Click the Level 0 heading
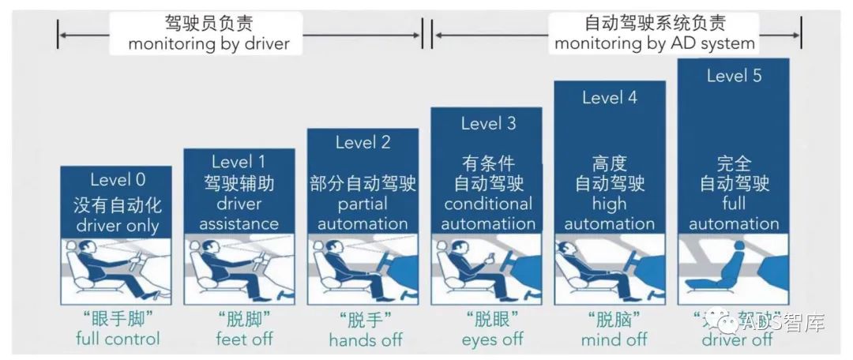tap(118, 180)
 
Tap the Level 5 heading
tap(734, 76)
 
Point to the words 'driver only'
tap(118, 226)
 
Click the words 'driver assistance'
tap(239, 213)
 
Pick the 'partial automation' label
tap(363, 213)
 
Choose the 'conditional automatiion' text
tap(487, 213)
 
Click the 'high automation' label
tap(610, 213)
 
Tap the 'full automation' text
tap(734, 213)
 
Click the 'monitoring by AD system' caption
tap(655, 43)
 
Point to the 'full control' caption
tap(118, 339)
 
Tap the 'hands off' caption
tap(366, 340)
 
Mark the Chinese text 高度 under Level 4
tap(609, 163)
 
